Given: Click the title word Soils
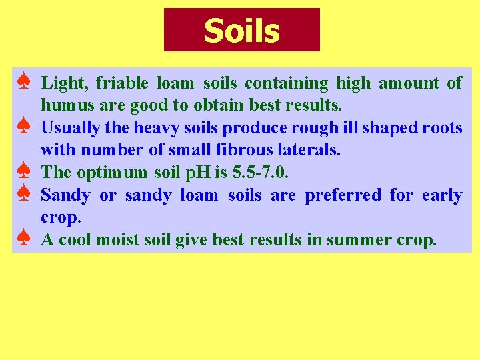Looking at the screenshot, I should coord(241,31).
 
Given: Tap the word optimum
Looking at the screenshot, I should coord(112,173).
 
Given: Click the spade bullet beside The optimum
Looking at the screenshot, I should coord(23,172).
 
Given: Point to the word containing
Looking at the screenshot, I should coord(287,83).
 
